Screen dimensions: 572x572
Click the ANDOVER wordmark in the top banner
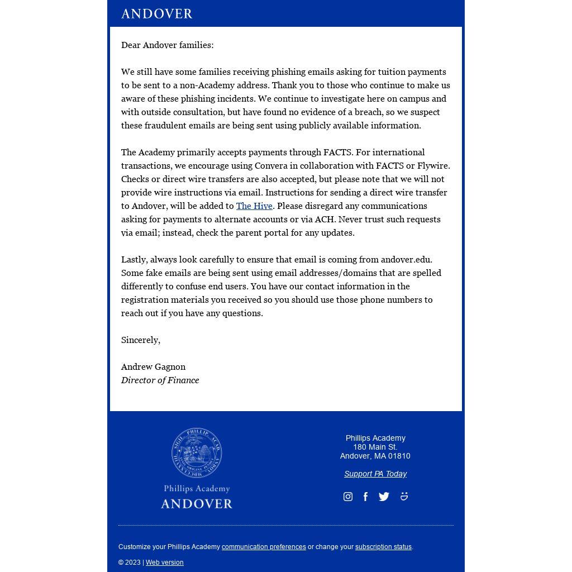156,13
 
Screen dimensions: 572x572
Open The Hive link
254,206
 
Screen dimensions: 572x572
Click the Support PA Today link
375,474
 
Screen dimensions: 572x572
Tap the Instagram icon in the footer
348,497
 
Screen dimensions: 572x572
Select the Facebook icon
365,497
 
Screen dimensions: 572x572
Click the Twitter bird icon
384,497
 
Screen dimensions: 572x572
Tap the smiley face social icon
404,496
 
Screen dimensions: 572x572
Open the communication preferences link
264,547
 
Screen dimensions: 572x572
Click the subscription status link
383,547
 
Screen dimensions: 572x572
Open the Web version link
164,563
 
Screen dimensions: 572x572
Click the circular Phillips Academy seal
197,453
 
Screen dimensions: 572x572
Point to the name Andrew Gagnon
153,367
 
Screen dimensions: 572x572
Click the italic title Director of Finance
160,380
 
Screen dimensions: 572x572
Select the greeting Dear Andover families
167,45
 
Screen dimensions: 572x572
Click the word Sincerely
140,340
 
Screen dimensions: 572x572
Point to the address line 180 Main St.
375,447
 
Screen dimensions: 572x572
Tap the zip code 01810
399,456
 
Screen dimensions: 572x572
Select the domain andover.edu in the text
406,260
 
